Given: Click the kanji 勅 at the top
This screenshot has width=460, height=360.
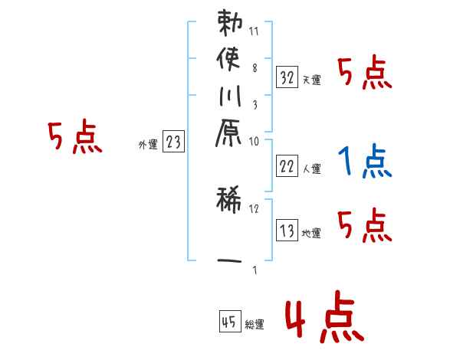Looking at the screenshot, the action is pyautogui.click(x=229, y=24).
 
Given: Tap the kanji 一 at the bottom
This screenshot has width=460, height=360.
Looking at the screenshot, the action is pyautogui.click(x=229, y=261).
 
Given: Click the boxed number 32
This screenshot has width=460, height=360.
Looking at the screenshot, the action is pyautogui.click(x=287, y=77).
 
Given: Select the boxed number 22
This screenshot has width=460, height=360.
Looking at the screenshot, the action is pyautogui.click(x=287, y=165).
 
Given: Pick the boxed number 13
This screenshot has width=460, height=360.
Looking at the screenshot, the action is pyautogui.click(x=287, y=230).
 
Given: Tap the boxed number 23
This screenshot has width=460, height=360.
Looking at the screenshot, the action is pyautogui.click(x=173, y=142).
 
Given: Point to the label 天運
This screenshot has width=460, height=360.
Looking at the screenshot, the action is pyautogui.click(x=311, y=80).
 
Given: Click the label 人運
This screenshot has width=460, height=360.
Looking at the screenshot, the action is pyautogui.click(x=311, y=169).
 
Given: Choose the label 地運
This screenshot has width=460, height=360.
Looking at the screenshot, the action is pyautogui.click(x=311, y=233).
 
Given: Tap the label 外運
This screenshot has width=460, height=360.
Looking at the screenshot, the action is pyautogui.click(x=148, y=145).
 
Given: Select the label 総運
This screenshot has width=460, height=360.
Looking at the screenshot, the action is pyautogui.click(x=255, y=325).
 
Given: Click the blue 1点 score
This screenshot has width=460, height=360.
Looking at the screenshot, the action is pyautogui.click(x=365, y=162).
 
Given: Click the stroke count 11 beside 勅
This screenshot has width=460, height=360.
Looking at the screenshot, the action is pyautogui.click(x=255, y=33).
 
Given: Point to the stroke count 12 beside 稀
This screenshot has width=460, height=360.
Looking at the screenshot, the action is pyautogui.click(x=255, y=208).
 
